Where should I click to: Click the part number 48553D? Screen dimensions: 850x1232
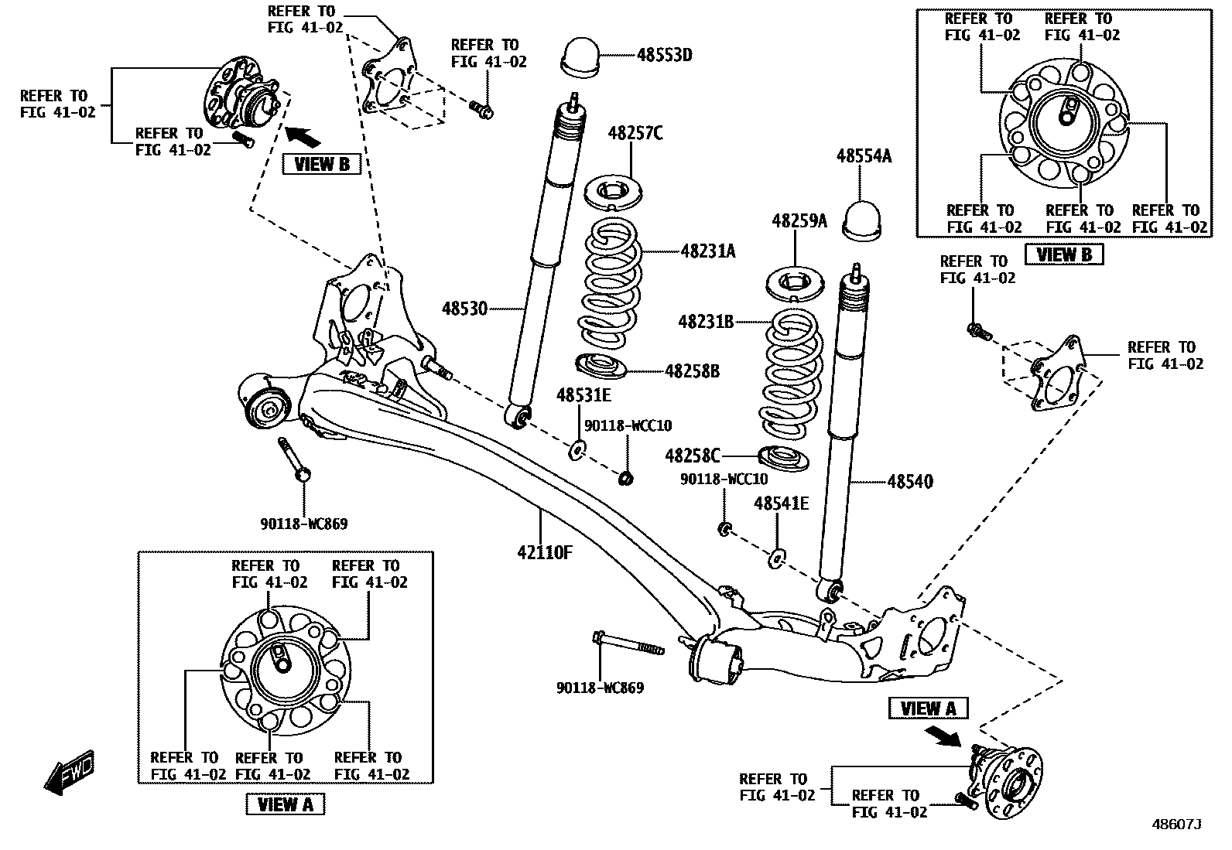(x=664, y=55)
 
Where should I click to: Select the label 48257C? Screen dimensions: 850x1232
(x=635, y=134)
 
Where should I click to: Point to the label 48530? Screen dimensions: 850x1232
(x=464, y=309)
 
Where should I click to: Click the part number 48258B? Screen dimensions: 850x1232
(x=692, y=371)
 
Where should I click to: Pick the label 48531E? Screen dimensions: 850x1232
(x=583, y=396)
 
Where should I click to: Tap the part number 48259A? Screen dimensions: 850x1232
(x=799, y=221)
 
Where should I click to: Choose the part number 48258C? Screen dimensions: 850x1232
(x=693, y=456)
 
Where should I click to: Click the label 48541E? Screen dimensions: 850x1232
(x=781, y=504)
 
